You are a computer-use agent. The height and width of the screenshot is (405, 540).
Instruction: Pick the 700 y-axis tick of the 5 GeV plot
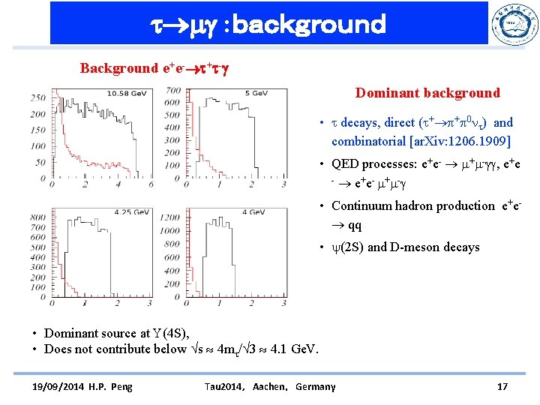172,91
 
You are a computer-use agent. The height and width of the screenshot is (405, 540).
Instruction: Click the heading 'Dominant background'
427,93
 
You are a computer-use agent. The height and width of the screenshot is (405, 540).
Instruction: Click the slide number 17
502,386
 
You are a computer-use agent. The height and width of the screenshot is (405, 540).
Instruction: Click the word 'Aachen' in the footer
273,386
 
